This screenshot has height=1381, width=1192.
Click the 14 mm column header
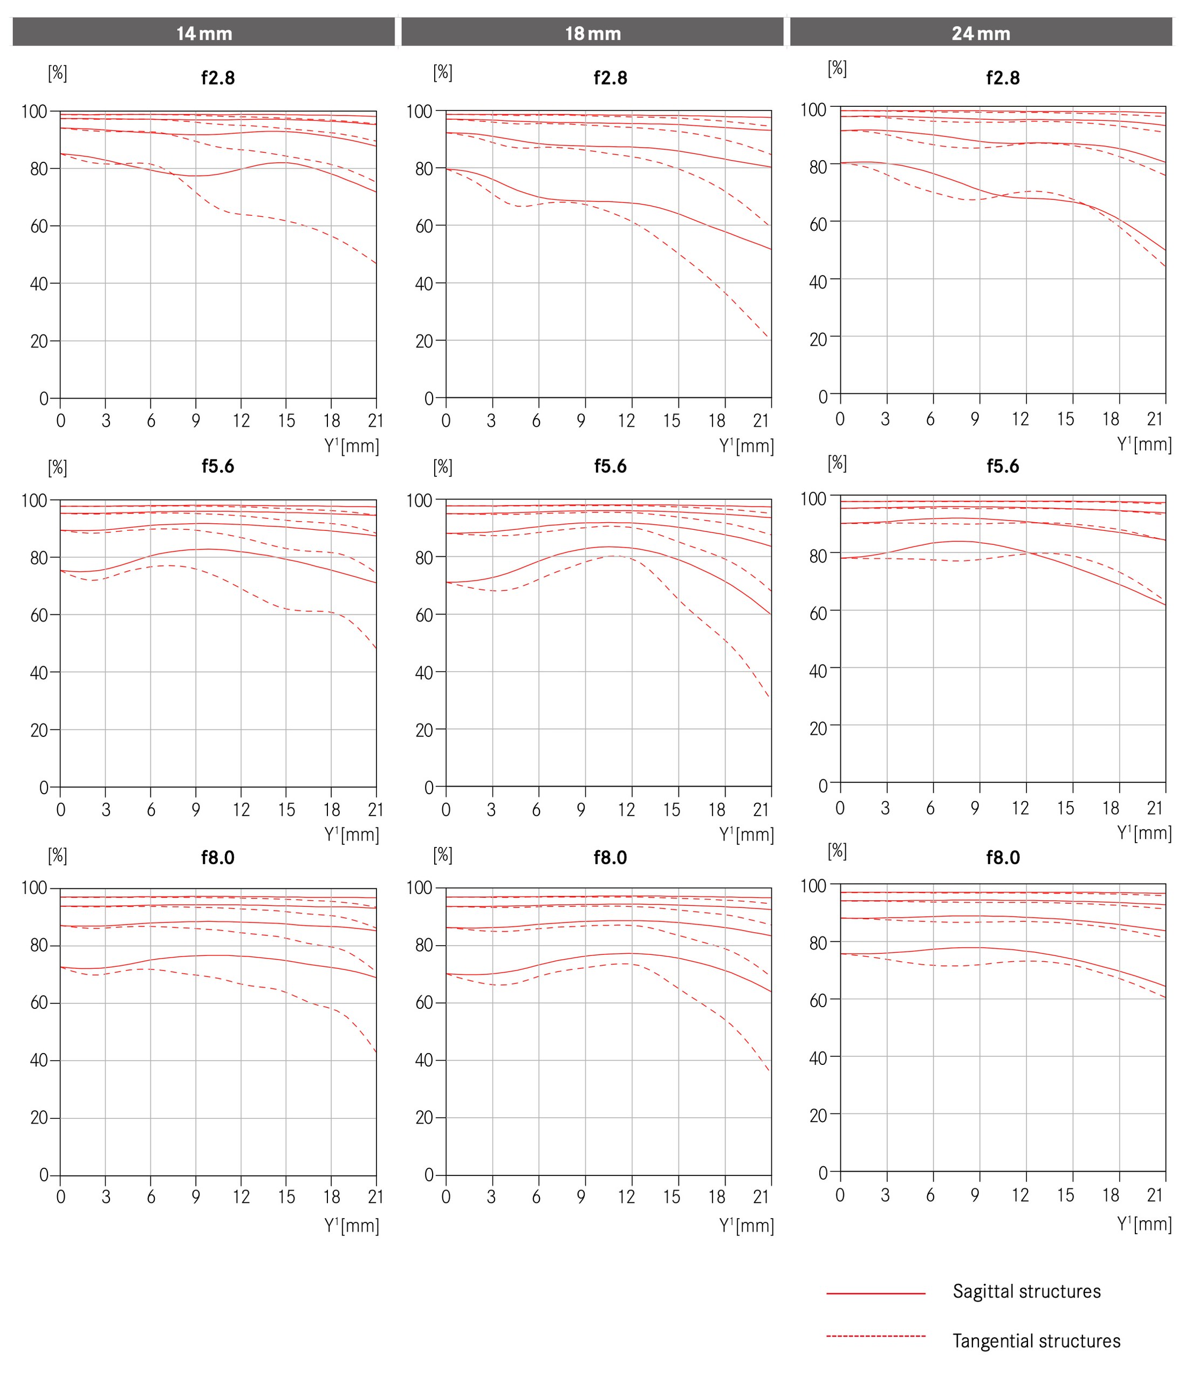tap(204, 33)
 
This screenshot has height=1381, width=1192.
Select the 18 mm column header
tap(592, 33)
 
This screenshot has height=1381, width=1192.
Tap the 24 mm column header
tap(981, 33)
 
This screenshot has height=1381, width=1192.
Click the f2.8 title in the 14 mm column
tap(218, 78)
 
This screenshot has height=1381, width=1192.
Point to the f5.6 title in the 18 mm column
tap(611, 466)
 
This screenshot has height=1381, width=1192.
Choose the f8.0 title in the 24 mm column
tap(1003, 857)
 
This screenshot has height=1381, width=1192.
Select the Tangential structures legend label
tap(1036, 1341)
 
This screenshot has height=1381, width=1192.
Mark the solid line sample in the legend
tap(875, 1293)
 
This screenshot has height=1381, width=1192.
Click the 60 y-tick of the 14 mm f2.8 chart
tap(39, 226)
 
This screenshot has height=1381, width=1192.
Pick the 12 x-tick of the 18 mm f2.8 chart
tap(626, 421)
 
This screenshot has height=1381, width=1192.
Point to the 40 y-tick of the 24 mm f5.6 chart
tap(818, 670)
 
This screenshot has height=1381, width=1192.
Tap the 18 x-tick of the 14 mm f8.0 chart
tap(331, 1197)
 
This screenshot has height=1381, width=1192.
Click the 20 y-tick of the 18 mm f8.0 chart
tap(424, 1118)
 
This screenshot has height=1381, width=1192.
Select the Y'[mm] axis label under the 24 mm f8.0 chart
tap(1144, 1223)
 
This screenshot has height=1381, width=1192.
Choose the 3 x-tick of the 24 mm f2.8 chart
tap(885, 419)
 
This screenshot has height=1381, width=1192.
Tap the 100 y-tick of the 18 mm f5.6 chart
tap(420, 499)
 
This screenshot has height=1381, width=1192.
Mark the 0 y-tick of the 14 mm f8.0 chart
tap(44, 1174)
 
